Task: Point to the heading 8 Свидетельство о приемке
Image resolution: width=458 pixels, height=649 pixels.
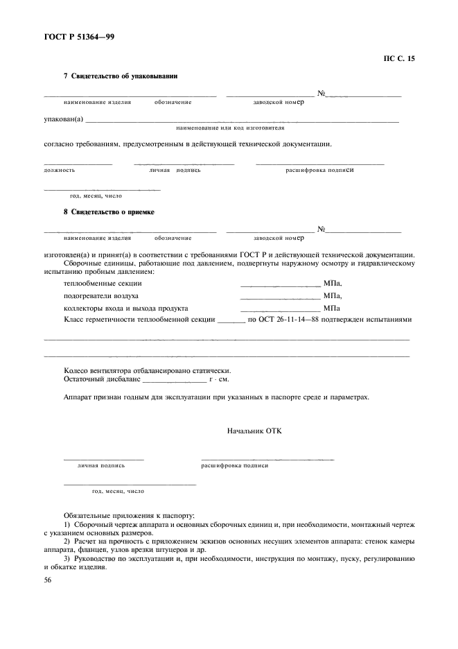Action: point(108,212)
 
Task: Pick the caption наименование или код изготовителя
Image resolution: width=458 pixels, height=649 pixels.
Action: point(230,128)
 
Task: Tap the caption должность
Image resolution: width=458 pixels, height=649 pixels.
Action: point(60,170)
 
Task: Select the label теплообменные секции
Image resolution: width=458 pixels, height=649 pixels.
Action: point(103,283)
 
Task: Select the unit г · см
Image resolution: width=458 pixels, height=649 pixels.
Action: point(218,380)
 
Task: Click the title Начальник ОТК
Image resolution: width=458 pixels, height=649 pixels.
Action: point(254,431)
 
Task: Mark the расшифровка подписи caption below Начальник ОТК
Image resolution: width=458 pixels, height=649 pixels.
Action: point(234,466)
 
